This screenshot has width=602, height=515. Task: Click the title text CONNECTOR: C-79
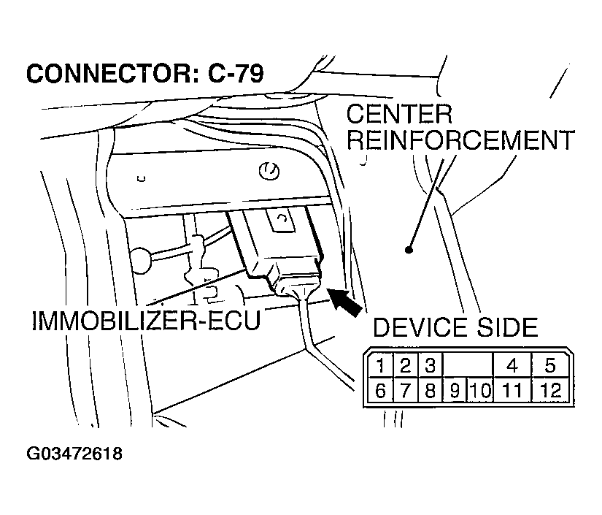[x=144, y=74]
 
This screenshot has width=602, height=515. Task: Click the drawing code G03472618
[x=74, y=454]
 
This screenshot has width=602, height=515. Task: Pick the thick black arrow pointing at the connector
[x=344, y=301]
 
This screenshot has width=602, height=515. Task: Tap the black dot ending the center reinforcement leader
[x=409, y=250]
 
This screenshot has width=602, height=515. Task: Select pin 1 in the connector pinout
[x=381, y=365]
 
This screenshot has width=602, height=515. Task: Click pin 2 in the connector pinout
[x=406, y=365]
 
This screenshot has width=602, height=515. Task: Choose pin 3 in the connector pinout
[x=430, y=365]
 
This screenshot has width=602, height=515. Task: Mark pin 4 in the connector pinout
[x=512, y=365]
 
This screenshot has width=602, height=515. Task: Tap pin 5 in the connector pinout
[x=550, y=365]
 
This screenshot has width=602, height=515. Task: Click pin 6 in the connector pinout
[x=381, y=390]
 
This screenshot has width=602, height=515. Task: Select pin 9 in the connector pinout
[x=454, y=391]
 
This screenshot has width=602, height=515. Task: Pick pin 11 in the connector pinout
[x=512, y=390]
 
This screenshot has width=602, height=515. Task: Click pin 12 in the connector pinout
[x=550, y=390]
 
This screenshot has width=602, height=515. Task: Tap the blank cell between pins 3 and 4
[x=468, y=365]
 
